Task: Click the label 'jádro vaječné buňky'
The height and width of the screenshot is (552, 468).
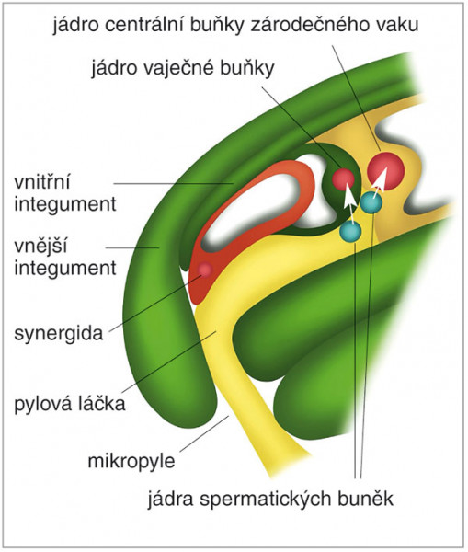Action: pyautogui.click(x=183, y=68)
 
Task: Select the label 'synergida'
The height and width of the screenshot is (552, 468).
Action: pyautogui.click(x=59, y=333)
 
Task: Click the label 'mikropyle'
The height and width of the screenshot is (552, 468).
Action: pyautogui.click(x=131, y=461)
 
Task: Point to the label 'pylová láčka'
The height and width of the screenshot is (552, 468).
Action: pyautogui.click(x=70, y=403)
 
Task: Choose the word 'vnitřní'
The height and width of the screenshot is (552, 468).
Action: pyautogui.click(x=42, y=182)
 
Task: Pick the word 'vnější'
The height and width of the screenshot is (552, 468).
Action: pyautogui.click(x=40, y=247)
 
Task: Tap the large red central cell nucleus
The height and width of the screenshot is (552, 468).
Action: pyautogui.click(x=385, y=171)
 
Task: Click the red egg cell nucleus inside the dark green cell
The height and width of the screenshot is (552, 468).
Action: pyautogui.click(x=344, y=179)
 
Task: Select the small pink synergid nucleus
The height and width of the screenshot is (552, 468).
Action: pyautogui.click(x=205, y=270)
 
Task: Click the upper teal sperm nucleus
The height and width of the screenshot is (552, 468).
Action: pyautogui.click(x=371, y=202)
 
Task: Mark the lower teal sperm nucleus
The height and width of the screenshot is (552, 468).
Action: pyautogui.click(x=350, y=231)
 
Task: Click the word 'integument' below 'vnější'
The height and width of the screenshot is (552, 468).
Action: pyautogui.click(x=65, y=268)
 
